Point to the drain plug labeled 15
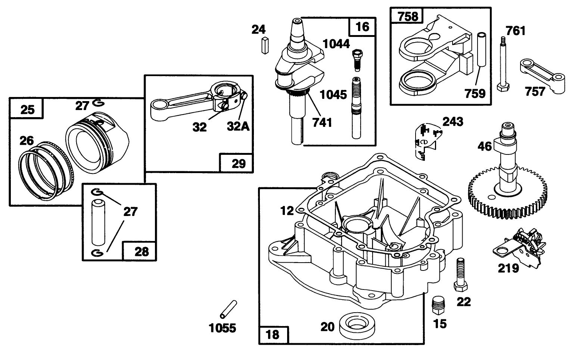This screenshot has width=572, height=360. [439, 305]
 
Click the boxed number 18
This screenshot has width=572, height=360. [273, 335]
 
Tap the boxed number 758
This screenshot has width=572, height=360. [406, 16]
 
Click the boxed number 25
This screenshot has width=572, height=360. [27, 109]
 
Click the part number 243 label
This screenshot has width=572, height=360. [453, 122]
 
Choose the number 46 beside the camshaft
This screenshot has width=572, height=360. [485, 146]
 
